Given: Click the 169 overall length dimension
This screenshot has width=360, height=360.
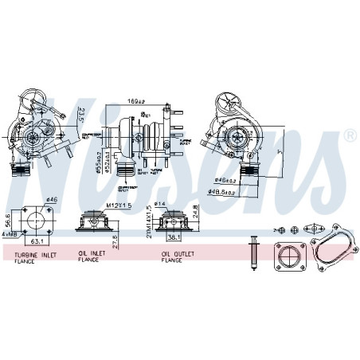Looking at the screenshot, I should click(136, 102).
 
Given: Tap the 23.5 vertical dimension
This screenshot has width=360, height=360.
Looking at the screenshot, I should click(80, 117).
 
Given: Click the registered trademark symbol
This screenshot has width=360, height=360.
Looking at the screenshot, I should click(350, 136).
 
